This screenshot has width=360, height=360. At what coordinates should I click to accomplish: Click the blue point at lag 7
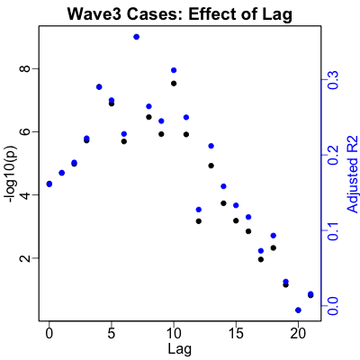[137, 37]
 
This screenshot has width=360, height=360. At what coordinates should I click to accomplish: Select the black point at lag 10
[174, 84]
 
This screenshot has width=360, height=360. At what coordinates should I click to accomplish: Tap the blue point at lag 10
[174, 70]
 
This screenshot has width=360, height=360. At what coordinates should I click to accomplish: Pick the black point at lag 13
[211, 166]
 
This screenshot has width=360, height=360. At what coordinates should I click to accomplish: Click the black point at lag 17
[261, 259]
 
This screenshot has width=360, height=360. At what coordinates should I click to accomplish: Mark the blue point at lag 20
[298, 310]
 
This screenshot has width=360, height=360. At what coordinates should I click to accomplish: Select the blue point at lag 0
[49, 184]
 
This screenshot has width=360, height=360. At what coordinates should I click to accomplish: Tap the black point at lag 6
[124, 141]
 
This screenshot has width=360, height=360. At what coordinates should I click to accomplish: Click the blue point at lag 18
[274, 236]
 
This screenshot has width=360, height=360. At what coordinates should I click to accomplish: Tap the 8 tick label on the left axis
[27, 68]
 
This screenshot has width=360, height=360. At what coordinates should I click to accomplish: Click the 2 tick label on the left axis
[27, 258]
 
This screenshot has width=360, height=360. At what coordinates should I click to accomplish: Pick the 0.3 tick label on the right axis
[333, 80]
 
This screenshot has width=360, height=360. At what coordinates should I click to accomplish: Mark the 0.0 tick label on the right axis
[333, 306]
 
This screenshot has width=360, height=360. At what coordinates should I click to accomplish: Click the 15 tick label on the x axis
[236, 334]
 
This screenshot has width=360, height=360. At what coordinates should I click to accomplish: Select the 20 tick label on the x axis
[298, 334]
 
